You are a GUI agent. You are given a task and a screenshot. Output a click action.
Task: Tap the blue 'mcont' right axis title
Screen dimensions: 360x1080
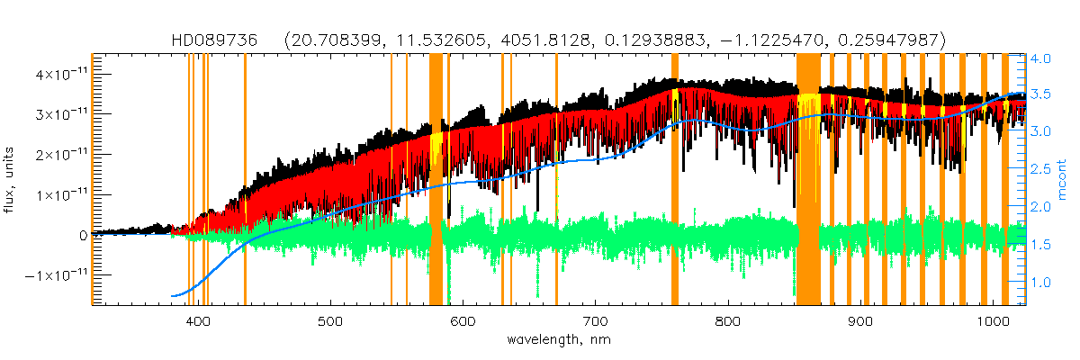pyautogui.click(x=1068, y=180)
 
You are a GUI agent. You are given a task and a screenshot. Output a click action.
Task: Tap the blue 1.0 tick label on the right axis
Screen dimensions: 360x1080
pyautogui.click(x=1040, y=283)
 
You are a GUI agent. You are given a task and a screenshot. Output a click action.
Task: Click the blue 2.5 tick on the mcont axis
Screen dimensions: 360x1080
pyautogui.click(x=1040, y=170)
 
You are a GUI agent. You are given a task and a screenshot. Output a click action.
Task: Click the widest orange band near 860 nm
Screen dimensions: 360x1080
pyautogui.click(x=808, y=180)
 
